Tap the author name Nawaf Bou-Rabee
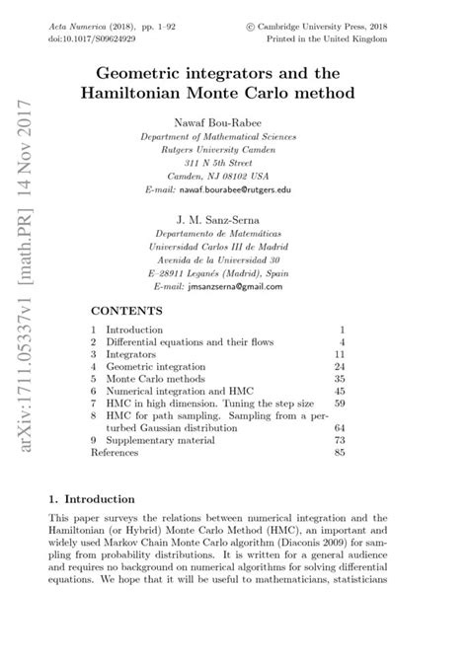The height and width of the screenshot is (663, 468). click(234, 120)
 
